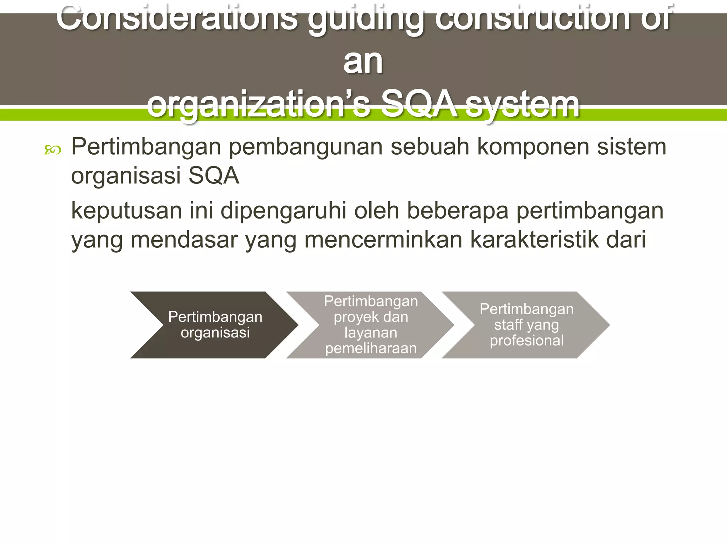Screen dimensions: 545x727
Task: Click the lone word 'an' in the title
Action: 363,62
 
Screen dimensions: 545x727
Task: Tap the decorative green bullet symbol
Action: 53,150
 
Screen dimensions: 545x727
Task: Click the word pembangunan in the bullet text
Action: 305,147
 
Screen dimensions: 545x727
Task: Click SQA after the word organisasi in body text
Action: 214,176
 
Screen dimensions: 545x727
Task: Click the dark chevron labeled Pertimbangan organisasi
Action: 214,325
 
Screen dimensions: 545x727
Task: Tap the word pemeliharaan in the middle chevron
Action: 371,348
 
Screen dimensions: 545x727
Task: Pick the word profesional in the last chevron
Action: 526,341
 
